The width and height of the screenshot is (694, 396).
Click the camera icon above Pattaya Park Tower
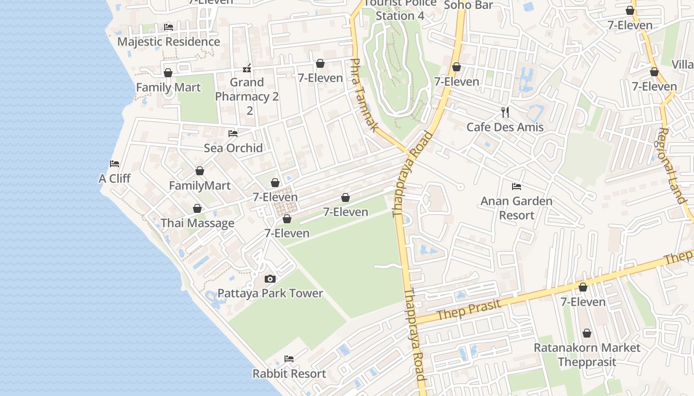click(270, 279)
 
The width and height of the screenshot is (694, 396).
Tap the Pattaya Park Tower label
click(270, 294)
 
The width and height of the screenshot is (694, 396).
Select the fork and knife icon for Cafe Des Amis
click(505, 112)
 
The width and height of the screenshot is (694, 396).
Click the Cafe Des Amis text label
click(505, 127)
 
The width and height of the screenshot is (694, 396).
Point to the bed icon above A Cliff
click(115, 164)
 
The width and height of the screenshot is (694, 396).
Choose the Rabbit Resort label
click(289, 374)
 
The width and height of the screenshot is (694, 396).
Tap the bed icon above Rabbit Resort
click(289, 359)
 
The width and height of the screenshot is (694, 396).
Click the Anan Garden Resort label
click(517, 208)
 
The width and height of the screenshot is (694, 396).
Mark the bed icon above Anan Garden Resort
click(517, 187)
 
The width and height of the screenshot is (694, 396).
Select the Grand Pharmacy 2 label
click(247, 90)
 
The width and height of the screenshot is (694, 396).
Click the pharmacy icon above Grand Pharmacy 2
click(247, 68)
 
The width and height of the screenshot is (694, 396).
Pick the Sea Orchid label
click(233, 148)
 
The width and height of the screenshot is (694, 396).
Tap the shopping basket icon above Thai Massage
click(197, 209)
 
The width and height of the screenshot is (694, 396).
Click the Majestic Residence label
click(169, 42)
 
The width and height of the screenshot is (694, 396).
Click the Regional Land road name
click(672, 166)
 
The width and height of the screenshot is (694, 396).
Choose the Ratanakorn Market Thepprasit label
click(587, 355)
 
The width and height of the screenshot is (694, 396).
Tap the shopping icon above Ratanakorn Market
click(587, 333)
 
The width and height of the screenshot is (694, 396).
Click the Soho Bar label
click(468, 5)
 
